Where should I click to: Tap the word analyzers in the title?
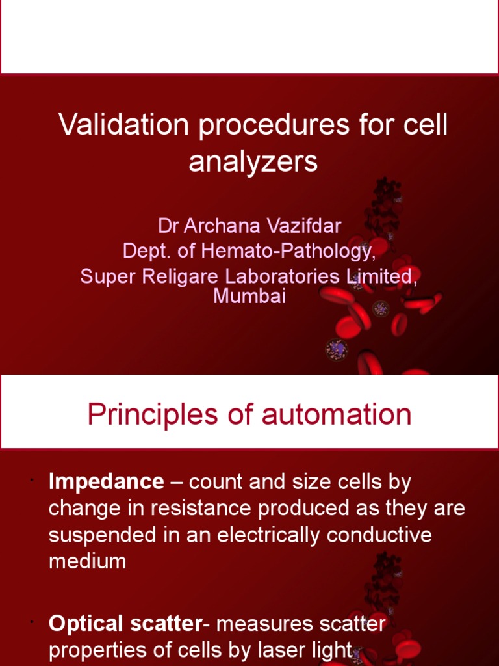pos(253,162)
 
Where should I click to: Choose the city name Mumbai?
pos(249,297)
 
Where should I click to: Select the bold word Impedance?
pos(107,482)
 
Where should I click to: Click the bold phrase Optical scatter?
pos(125,624)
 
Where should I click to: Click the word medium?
pos(88,561)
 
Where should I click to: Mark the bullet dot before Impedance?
pos(31,480)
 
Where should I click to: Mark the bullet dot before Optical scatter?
pos(31,622)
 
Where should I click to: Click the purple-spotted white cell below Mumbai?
pos(337,350)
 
